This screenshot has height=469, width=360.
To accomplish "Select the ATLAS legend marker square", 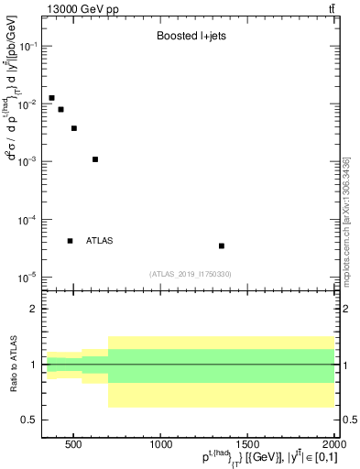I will point(70,241).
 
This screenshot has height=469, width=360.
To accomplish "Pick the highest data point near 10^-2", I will point(51,97).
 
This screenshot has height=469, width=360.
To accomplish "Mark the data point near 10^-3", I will point(95,159).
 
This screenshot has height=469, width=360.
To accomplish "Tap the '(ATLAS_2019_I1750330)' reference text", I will point(190,274).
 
